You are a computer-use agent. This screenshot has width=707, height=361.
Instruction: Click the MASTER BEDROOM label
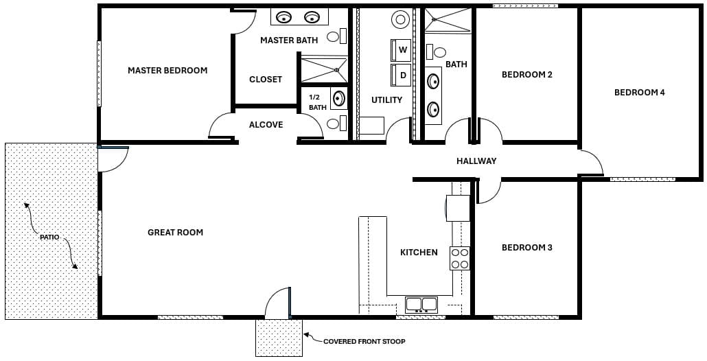coord(167,70)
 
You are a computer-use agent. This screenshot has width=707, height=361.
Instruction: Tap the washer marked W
coord(402,50)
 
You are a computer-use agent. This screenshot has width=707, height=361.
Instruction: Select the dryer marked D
coord(402,75)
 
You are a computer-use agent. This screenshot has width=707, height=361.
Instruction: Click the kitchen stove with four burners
coord(460,258)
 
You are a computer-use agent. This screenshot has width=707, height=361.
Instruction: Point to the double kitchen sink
coord(421,304)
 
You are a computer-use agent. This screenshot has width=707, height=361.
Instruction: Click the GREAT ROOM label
coord(175,233)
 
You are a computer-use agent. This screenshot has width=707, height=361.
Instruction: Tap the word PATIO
coord(49,237)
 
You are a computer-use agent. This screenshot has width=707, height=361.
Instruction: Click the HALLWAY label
coord(476,161)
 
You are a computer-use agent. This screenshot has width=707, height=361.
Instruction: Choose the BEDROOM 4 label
coord(639,92)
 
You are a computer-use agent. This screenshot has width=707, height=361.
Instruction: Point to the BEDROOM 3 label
coord(526,248)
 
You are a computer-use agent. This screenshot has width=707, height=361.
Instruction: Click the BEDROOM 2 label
coord(526,75)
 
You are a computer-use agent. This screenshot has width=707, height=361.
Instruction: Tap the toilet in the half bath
coord(334,124)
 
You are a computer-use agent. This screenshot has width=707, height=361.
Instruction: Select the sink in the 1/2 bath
coord(339,99)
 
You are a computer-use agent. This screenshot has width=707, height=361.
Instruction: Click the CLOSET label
coord(265,80)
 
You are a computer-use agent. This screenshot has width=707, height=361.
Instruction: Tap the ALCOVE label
coord(266,125)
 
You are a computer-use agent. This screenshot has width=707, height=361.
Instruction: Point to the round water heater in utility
coord(400,19)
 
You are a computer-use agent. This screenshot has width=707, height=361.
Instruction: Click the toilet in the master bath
coord(334,37)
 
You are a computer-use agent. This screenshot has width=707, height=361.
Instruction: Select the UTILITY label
coord(386,100)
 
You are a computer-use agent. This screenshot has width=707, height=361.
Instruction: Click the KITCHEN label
coord(419,253)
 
